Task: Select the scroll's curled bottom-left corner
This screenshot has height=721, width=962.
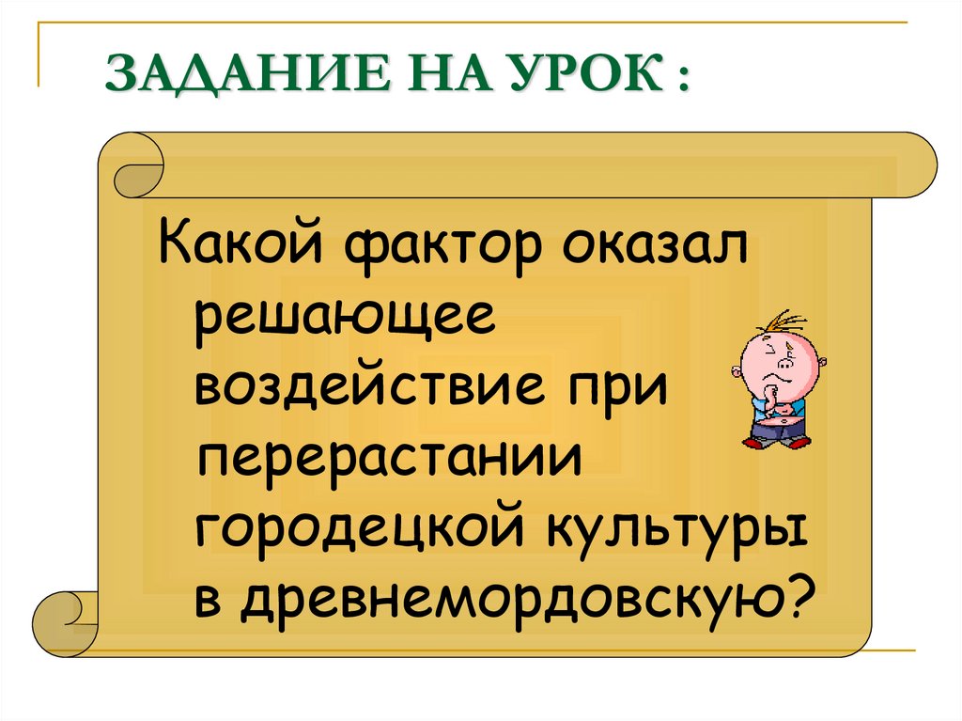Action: pos(61,620)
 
